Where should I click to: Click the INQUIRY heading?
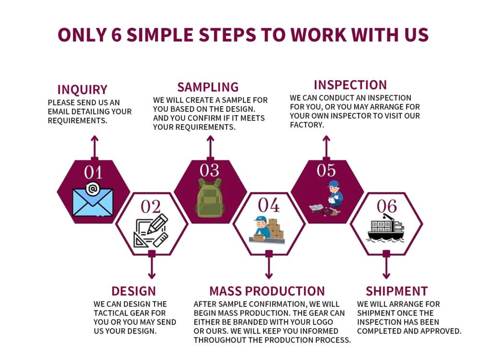[83, 90]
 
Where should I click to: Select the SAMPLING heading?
[208, 87]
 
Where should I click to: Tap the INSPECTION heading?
[350, 85]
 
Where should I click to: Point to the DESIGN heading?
[134, 291]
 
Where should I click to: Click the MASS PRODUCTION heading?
[267, 291]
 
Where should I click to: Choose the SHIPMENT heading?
[397, 291]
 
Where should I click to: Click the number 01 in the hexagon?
[93, 173]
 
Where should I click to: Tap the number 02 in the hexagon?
[151, 206]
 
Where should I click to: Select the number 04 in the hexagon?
[268, 205]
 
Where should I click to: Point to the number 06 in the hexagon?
[386, 206]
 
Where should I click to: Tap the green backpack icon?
[210, 198]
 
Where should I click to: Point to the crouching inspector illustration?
[326, 198]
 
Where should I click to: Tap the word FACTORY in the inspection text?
[307, 125]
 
